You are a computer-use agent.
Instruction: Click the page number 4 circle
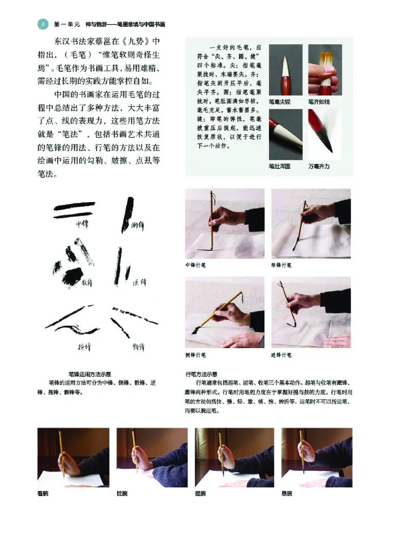click(x=42, y=24)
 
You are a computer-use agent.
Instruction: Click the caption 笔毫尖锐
click(x=279, y=101)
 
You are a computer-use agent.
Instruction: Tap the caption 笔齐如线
click(x=319, y=101)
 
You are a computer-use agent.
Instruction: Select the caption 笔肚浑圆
click(x=279, y=167)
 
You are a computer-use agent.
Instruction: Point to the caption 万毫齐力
click(x=319, y=167)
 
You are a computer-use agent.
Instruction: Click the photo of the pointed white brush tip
click(x=286, y=70)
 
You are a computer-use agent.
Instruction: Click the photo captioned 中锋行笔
click(x=225, y=224)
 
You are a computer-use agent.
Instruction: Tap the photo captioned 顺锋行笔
click(x=311, y=224)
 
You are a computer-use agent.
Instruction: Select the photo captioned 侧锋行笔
click(x=225, y=312)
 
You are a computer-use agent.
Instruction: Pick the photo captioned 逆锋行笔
click(x=311, y=312)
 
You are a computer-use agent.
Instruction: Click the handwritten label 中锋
click(x=82, y=224)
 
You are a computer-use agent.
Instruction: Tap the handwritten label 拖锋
click(x=84, y=347)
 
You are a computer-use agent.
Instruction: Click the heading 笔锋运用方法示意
click(x=89, y=373)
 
